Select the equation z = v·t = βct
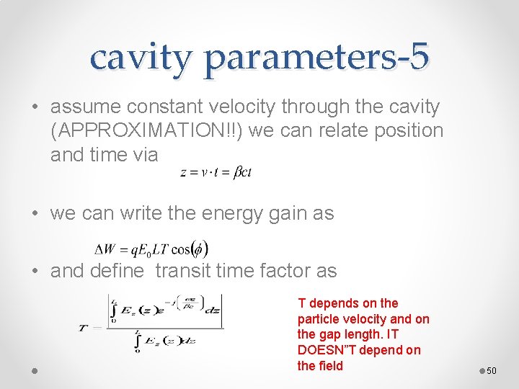point(216,172)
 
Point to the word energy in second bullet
point(208,213)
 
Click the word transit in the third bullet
point(186,271)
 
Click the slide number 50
point(492,370)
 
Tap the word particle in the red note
point(319,318)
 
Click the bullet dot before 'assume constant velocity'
point(35,108)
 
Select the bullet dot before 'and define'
point(35,272)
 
